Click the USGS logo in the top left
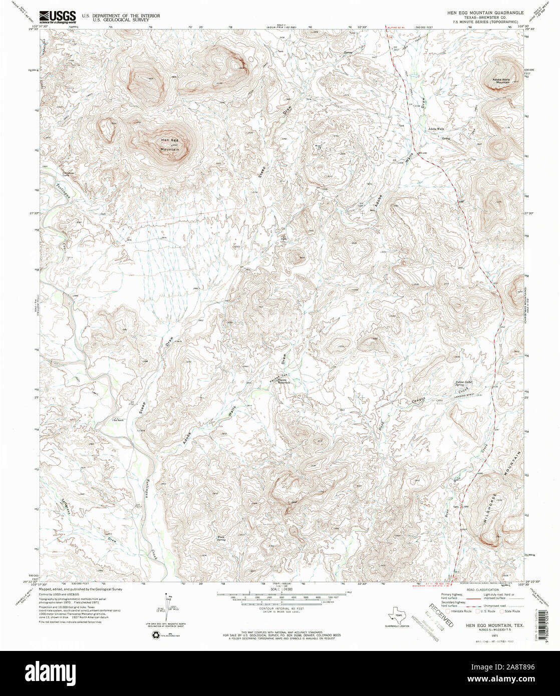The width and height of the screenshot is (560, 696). point(58,17)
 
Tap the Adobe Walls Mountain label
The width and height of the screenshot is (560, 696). point(503,81)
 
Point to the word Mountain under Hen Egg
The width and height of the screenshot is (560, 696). point(169,149)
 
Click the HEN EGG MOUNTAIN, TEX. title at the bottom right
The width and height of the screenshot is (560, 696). point(489,625)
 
